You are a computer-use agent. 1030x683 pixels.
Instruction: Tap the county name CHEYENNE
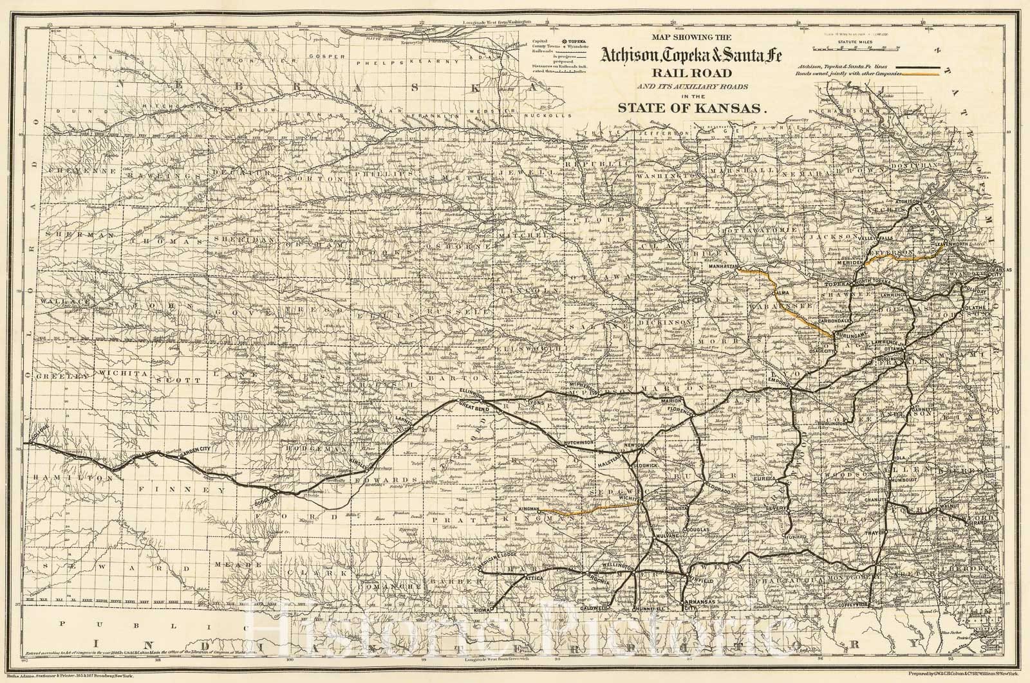(x=70, y=171)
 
